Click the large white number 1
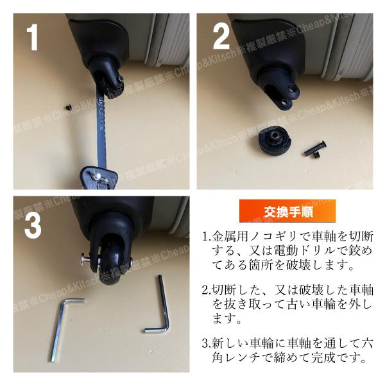[33, 37]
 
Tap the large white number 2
[221, 37]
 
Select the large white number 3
[33, 225]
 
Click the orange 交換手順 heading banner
[287, 211]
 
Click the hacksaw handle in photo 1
[98, 178]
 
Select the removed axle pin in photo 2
[315, 149]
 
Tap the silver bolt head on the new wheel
[85, 259]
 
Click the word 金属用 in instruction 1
[229, 237]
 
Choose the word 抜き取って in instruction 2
[255, 305]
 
